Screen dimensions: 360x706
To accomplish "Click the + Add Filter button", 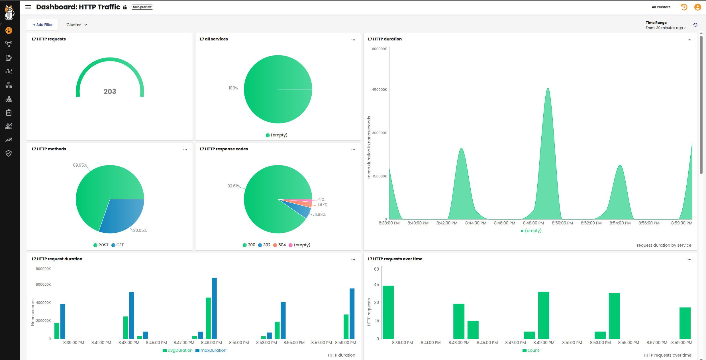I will [43, 25].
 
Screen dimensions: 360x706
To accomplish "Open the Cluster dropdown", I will [77, 25].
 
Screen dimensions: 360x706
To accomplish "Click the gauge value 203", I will [110, 91].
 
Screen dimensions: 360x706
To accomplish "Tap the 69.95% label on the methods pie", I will [79, 165].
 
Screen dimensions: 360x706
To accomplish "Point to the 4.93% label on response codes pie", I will [320, 214].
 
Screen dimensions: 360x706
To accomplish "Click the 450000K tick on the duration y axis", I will [379, 90].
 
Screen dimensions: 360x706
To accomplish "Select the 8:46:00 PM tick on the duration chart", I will [504, 223].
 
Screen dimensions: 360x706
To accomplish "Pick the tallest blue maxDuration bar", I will [214, 308].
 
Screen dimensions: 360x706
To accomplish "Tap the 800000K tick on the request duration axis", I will [43, 269].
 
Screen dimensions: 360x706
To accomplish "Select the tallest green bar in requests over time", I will [388, 312].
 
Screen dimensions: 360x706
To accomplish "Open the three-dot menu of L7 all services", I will [353, 40].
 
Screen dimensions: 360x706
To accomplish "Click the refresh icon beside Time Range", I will [695, 25].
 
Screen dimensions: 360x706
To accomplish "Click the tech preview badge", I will [142, 7].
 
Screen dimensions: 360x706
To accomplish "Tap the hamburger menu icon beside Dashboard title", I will [28, 7].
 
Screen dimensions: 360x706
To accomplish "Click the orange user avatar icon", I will [697, 7].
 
